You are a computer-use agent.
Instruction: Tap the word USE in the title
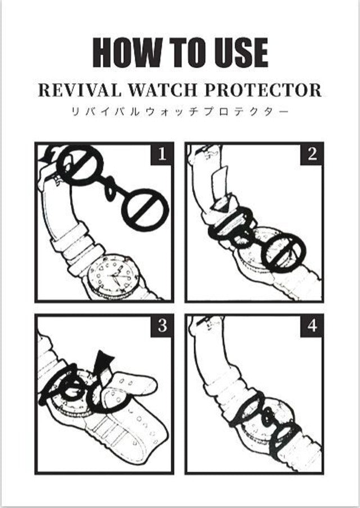click(x=238, y=52)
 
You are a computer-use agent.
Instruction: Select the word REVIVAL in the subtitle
click(x=80, y=90)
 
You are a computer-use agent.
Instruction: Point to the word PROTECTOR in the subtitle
click(x=263, y=90)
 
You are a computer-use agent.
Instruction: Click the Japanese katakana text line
click(x=179, y=112)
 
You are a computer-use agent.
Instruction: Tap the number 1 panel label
click(x=162, y=154)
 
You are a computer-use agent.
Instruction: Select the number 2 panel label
click(x=312, y=154)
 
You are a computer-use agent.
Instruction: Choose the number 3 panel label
click(x=162, y=326)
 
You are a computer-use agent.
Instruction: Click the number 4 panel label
click(x=312, y=326)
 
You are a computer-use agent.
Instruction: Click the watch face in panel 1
click(x=113, y=276)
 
